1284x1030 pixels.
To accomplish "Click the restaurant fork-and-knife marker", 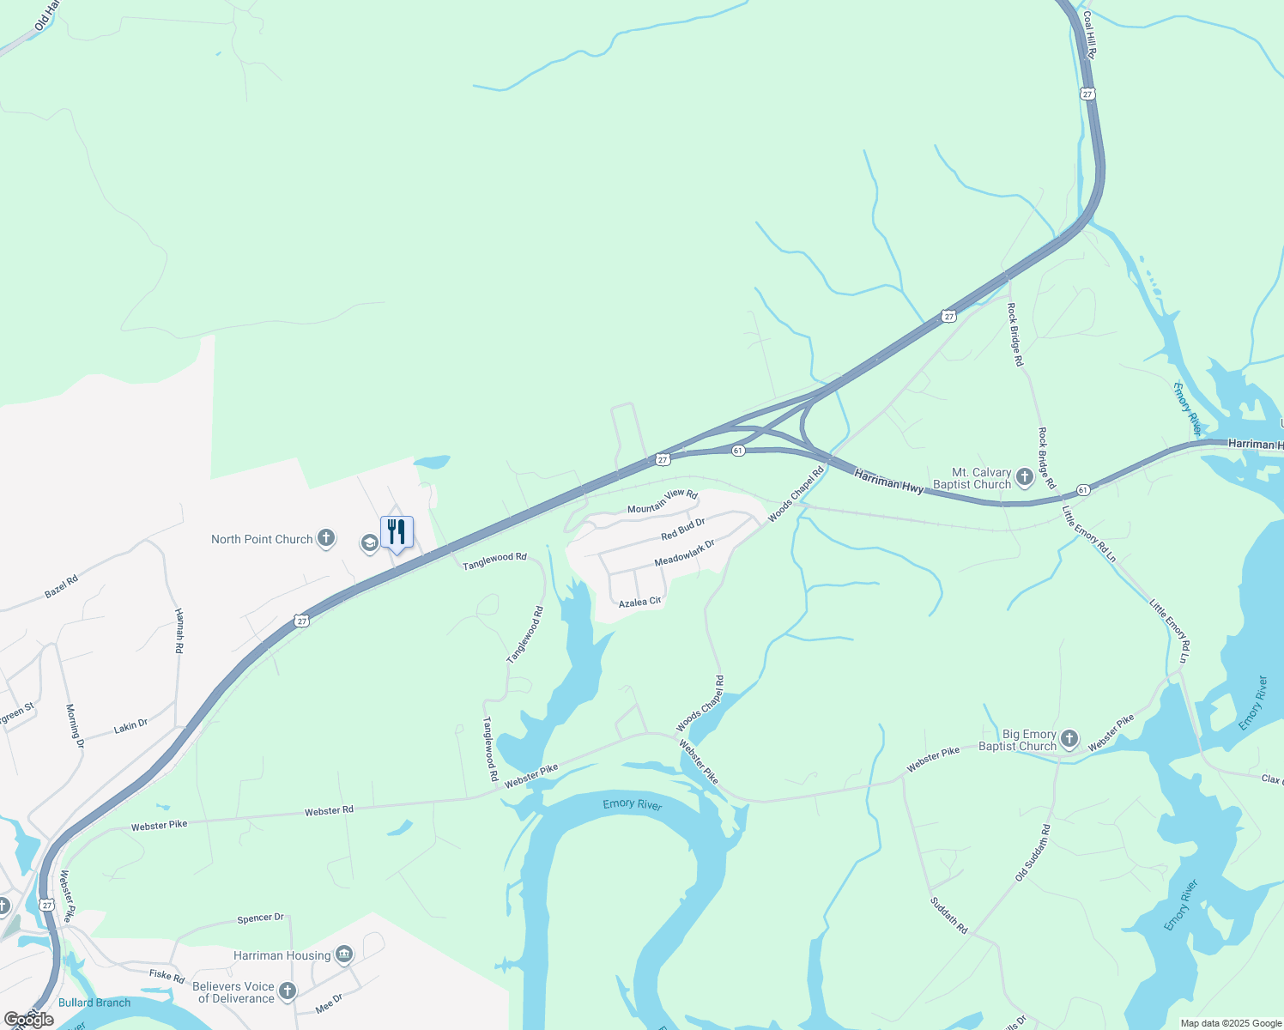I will (397, 532).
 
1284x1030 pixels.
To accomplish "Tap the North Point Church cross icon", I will (326, 538).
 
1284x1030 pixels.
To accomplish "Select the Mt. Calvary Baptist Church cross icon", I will (1024, 477).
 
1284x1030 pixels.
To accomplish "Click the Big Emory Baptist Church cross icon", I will (1069, 739).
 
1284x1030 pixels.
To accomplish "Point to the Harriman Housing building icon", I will (344, 954).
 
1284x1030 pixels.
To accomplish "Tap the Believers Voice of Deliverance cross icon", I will (288, 991).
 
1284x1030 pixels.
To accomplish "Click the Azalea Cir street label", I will (639, 603).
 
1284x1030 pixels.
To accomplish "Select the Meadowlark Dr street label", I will (684, 553).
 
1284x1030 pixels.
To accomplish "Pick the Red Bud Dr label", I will (683, 530).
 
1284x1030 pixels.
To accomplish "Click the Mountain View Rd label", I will (662, 502).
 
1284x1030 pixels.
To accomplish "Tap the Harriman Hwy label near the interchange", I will (889, 482).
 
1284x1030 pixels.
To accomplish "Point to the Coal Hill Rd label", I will (1090, 34).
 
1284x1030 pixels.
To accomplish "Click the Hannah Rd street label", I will (179, 631).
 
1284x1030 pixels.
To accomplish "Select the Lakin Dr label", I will (130, 727).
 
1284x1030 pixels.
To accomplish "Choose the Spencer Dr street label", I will (260, 918).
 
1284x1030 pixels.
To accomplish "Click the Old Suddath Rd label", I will (1033, 853).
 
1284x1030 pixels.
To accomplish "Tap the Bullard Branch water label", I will (94, 1003).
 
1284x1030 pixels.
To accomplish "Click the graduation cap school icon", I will (369, 542).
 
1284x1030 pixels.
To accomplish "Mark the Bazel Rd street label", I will (61, 587).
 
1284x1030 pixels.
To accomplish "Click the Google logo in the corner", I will (29, 1019).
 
